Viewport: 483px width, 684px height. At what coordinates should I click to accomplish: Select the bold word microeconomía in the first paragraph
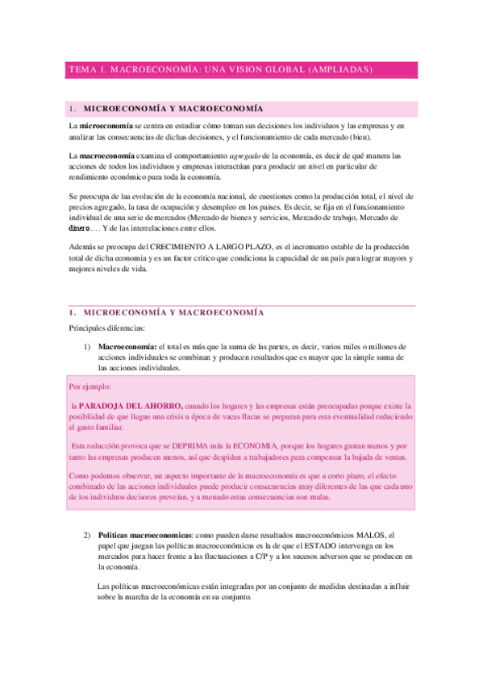[x=106, y=127]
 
